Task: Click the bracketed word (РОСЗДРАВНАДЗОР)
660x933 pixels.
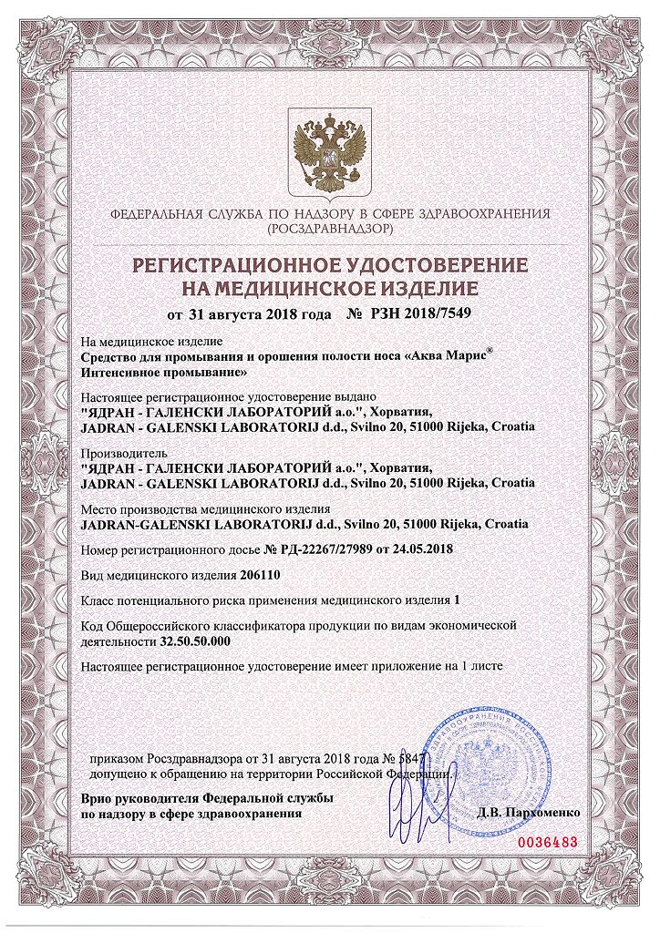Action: (x=330, y=231)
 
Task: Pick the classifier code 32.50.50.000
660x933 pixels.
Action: (x=194, y=641)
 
